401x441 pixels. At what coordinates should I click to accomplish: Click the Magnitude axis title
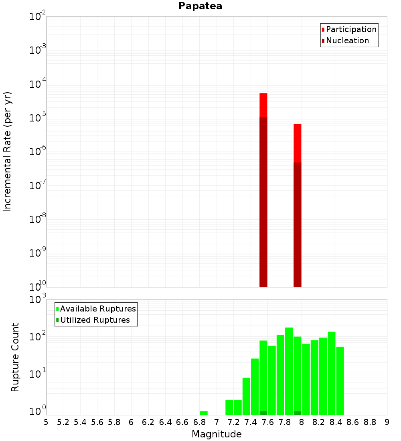217,434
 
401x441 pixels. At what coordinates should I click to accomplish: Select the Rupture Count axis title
15,357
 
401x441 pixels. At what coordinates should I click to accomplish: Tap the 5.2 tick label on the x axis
63,422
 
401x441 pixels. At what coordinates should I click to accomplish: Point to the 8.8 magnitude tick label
370,422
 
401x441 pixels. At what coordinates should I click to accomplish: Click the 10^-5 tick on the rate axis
38,118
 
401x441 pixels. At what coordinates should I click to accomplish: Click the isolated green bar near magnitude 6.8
204,413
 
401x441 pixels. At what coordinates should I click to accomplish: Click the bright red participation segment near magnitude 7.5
263,105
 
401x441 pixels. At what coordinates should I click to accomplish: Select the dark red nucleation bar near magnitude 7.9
297,225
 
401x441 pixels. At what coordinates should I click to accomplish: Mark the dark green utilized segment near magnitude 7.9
297,413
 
